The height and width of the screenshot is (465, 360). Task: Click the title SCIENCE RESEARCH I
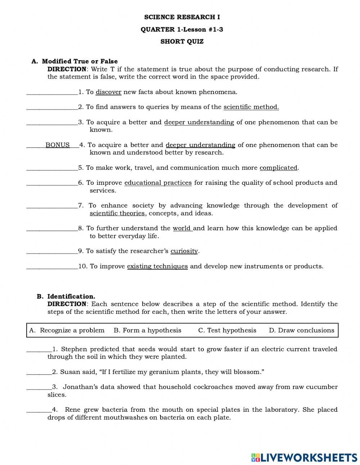tap(182, 17)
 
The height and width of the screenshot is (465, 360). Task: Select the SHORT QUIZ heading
tap(182, 41)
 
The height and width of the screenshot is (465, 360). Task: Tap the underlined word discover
tap(108, 92)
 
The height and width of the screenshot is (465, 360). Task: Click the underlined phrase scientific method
tap(251, 107)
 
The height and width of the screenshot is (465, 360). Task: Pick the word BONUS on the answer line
tap(58, 145)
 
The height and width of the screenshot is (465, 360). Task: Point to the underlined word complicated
tap(278, 168)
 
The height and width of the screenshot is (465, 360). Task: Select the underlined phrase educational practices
tap(158, 183)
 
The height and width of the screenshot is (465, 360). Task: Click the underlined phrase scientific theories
tap(117, 213)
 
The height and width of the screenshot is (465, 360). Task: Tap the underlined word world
tap(182, 228)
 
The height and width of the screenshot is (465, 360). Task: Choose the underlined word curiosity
tap(184, 251)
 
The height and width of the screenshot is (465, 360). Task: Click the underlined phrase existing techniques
tap(157, 267)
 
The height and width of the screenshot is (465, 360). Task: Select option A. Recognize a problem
tap(67, 330)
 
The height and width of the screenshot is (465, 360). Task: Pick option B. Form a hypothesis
tap(148, 330)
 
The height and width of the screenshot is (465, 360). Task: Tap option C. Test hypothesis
tap(227, 330)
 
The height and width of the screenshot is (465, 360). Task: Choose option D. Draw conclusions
tap(301, 330)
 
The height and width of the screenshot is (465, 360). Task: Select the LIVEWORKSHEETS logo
tap(304, 457)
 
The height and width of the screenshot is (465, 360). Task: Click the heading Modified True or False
tap(80, 61)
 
